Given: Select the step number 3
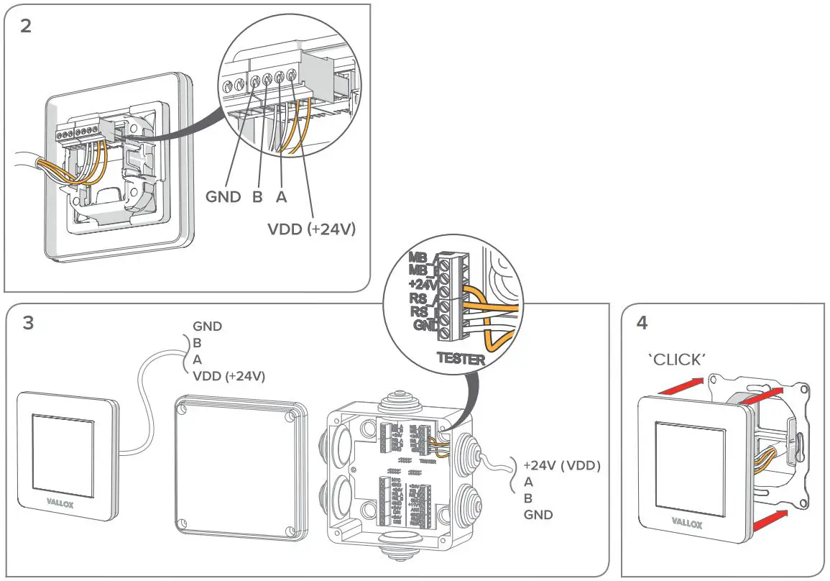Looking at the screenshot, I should (28, 324).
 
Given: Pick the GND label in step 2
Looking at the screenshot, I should (224, 197).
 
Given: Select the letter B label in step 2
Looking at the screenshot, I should (257, 197).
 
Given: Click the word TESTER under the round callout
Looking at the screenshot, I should (460, 358).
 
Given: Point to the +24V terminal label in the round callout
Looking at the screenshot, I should (419, 283).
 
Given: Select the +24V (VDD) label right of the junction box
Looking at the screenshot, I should (561, 466).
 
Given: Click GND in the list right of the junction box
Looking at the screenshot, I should (538, 515).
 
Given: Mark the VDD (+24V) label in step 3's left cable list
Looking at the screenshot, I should (229, 375).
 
